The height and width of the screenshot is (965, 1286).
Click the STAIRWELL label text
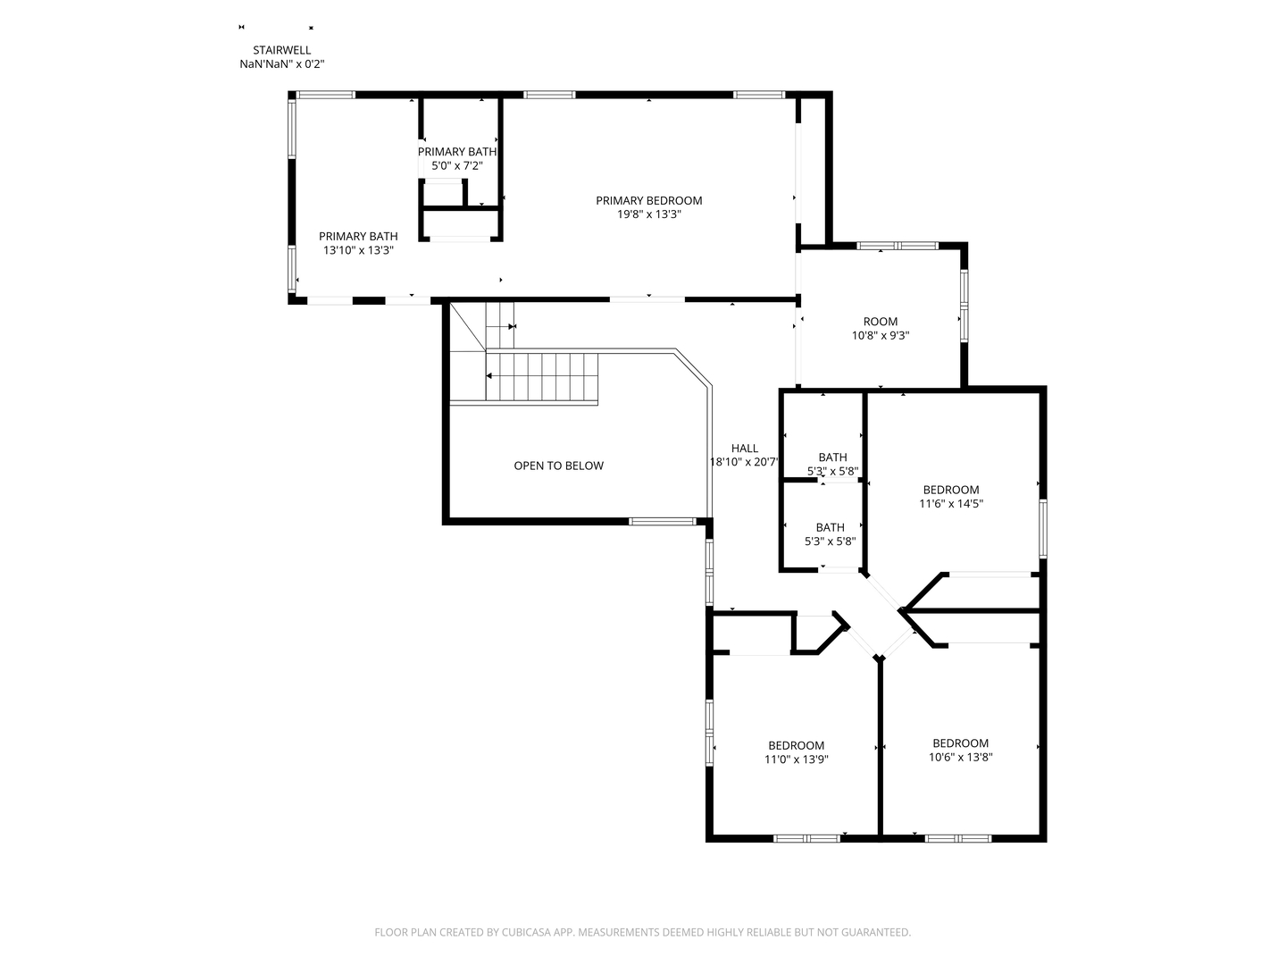coord(282,50)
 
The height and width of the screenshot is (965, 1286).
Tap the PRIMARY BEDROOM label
coord(648,200)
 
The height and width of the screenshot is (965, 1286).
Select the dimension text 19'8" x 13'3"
coord(648,214)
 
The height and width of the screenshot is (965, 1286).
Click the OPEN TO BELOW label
coord(558,466)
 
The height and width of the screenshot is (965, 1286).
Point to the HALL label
coord(745,449)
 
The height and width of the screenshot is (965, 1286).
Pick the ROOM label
coord(880,322)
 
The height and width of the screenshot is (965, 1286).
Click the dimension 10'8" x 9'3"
coord(880,336)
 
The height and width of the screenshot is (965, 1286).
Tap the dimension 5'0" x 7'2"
coord(457,166)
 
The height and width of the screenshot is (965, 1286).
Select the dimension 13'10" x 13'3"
coord(358,250)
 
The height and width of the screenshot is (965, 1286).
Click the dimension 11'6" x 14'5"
coord(951,503)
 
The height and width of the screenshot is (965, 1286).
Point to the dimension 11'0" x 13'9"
coord(797,759)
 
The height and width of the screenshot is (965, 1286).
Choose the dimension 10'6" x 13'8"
coord(960,757)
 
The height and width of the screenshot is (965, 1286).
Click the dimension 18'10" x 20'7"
coord(744,462)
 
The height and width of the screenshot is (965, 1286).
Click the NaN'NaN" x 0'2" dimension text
coord(282,64)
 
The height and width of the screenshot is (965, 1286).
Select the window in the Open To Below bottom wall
coord(663,522)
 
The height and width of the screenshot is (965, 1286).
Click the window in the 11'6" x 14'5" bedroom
coord(1043,528)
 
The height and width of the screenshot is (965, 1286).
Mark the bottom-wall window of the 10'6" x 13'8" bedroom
coord(958,838)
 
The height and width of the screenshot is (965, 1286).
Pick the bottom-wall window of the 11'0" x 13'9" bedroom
coord(806,838)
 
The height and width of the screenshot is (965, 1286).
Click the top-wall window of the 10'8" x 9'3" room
coord(897,246)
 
